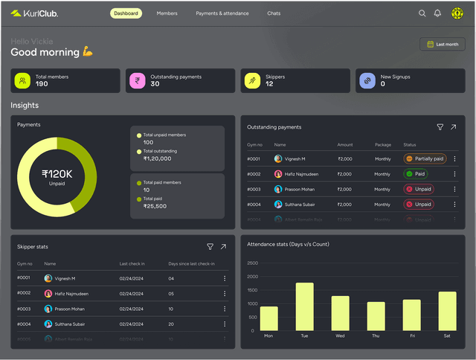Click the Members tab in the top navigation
[167, 13]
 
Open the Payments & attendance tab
[222, 13]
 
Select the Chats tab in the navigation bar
[274, 13]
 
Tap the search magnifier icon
[422, 13]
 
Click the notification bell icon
[437, 13]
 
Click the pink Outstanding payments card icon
[137, 80]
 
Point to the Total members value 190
[42, 84]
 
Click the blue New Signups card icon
[367, 80]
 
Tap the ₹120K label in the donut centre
[57, 174]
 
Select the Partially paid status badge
[425, 158]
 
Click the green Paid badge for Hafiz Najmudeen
[416, 174]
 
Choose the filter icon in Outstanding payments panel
[440, 127]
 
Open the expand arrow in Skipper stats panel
[223, 246]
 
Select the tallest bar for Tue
[304, 306]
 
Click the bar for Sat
[447, 311]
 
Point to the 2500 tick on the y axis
[252, 263]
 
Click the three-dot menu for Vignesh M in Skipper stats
[225, 278]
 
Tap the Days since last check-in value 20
[171, 324]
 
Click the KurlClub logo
[34, 13]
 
